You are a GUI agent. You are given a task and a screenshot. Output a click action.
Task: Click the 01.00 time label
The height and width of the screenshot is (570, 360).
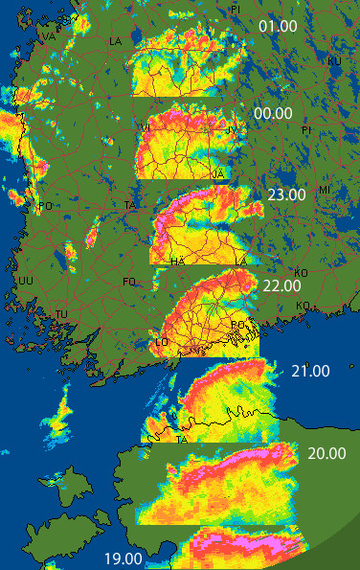(278, 26)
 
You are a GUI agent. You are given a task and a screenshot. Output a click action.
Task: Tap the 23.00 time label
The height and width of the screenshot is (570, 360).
(286, 194)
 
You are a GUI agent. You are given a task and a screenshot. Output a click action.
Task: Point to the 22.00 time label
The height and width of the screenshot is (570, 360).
(281, 285)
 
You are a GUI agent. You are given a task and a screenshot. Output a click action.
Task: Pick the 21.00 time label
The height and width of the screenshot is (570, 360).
(310, 371)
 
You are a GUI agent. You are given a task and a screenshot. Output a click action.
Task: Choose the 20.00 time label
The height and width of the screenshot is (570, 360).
(327, 453)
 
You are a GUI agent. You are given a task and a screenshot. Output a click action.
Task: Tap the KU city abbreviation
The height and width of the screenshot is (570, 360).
(334, 61)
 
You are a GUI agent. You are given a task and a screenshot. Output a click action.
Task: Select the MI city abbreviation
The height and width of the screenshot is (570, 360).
(325, 190)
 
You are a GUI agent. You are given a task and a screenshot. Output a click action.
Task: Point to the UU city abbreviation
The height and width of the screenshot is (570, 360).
(26, 281)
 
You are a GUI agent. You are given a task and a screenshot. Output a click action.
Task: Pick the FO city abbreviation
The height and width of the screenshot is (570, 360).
(130, 281)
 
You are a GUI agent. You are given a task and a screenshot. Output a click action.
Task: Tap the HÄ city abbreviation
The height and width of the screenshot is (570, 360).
(177, 261)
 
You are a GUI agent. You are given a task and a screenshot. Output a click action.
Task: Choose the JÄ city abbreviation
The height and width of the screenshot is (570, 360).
(218, 173)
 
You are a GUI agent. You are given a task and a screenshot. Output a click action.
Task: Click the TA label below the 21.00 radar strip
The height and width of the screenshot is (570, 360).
(182, 440)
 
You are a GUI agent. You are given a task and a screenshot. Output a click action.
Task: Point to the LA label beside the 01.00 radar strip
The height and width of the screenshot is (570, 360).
(116, 41)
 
